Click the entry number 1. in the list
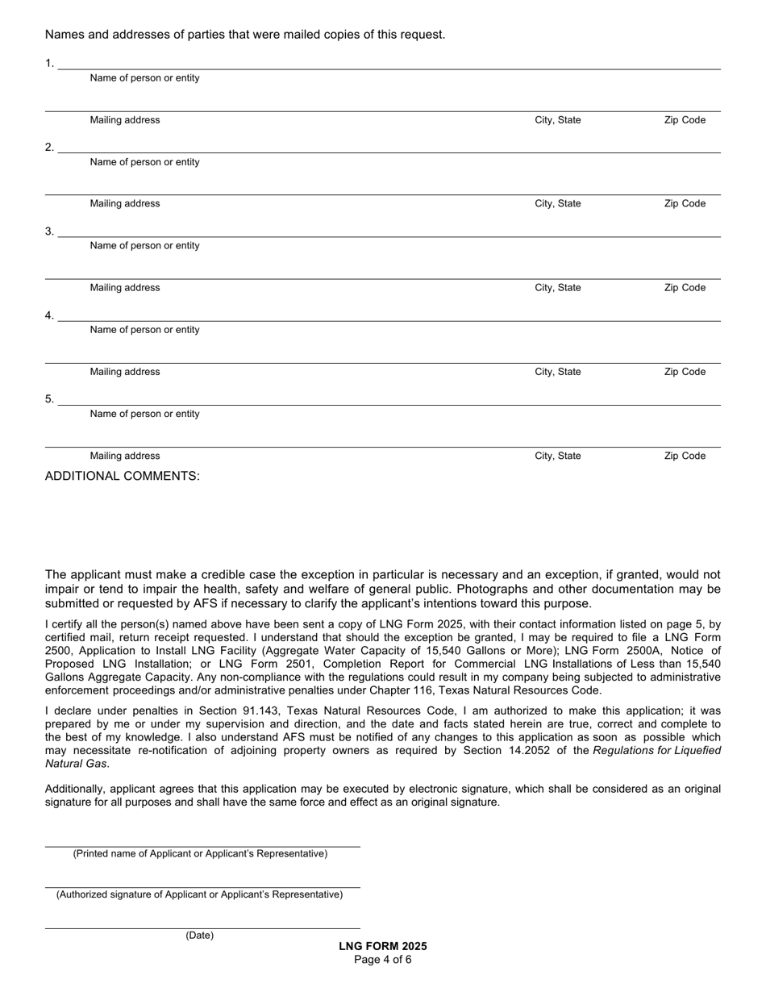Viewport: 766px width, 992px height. pos(49,63)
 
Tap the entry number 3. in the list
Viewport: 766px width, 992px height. pos(49,231)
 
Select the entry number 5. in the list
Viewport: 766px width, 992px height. pos(49,399)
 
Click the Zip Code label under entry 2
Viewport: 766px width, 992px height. pos(684,204)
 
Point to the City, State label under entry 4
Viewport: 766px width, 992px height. pos(557,372)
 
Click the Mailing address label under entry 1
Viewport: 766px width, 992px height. pos(125,120)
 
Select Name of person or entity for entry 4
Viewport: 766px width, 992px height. pos(144,330)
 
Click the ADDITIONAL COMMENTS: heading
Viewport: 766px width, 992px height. pos(122,476)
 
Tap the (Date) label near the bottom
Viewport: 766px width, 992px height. pos(199,936)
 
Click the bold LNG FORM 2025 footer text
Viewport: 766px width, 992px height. pos(383,947)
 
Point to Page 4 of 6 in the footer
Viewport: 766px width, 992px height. pos(383,960)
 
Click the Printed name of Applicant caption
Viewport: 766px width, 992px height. pos(200,853)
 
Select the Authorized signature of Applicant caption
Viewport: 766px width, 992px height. pos(199,894)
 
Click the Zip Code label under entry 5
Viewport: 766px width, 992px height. pos(684,456)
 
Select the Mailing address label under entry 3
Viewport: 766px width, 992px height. pos(125,288)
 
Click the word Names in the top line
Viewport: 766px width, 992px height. pos(63,35)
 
